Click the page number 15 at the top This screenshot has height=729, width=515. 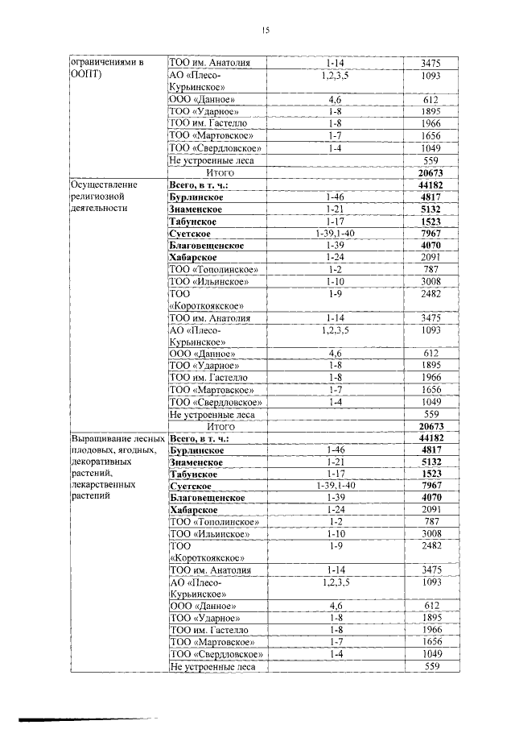point(265,30)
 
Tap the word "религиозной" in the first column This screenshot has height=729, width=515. point(96,196)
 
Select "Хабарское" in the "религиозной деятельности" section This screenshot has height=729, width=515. point(197,257)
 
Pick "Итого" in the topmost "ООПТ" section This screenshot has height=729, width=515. point(220,172)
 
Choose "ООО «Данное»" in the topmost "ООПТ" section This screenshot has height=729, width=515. point(204,99)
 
